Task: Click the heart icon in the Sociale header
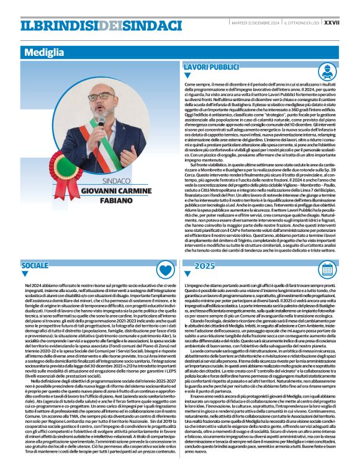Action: coord(164,268)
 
